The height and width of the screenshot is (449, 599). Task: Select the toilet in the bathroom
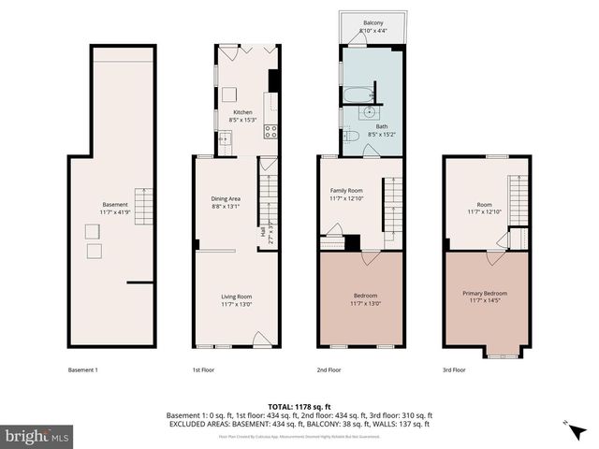tap(352, 137)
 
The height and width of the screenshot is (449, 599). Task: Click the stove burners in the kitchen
tap(270, 131)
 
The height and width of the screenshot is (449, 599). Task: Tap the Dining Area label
tap(228, 198)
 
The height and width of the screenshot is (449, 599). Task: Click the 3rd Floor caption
tap(454, 369)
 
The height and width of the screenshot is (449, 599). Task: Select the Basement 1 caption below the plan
tap(82, 369)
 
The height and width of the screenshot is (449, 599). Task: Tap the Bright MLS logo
tap(37, 436)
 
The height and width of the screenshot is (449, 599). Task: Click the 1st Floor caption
tap(203, 369)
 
